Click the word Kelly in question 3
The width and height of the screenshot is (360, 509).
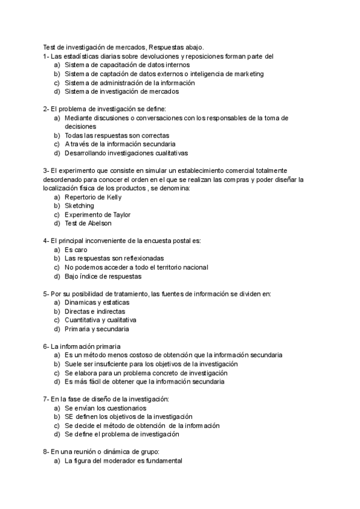113,197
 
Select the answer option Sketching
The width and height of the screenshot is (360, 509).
79,206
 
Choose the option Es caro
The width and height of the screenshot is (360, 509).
77,250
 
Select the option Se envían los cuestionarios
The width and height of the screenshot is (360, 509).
105,408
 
